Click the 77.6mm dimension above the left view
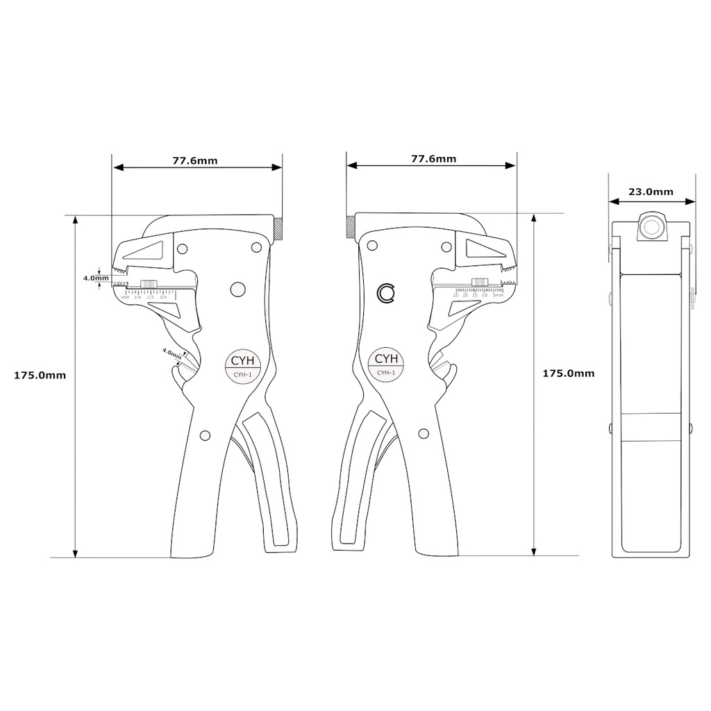195,160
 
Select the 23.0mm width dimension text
651,192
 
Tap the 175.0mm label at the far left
40,375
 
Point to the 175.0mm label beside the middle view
568,373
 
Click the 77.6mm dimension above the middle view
433,158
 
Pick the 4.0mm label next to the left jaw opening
96,278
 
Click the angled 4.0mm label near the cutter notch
172,352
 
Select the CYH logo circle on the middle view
386,363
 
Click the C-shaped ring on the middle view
386,294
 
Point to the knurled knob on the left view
278,228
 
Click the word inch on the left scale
125,297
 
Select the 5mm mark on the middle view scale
498,295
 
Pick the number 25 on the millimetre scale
455,295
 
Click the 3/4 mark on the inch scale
163,297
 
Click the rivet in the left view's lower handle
204,435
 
